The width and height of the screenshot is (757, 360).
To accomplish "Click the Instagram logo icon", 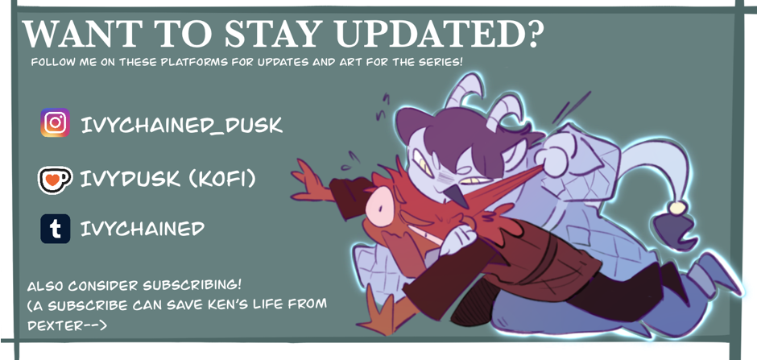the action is coord(55,122).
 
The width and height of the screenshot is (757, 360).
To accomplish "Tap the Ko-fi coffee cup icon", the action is coord(55,180).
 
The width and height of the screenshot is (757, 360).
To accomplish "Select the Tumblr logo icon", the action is coord(55,229).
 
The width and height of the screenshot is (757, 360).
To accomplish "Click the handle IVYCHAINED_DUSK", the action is coord(181,126).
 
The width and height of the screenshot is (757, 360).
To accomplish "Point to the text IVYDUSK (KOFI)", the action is coord(168,180).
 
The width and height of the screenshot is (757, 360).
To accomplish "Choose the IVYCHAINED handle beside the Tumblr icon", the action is coord(143,229).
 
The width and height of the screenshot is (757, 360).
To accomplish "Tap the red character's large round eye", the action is coord(379,206).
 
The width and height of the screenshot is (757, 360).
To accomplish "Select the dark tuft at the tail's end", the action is coord(675,230).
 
